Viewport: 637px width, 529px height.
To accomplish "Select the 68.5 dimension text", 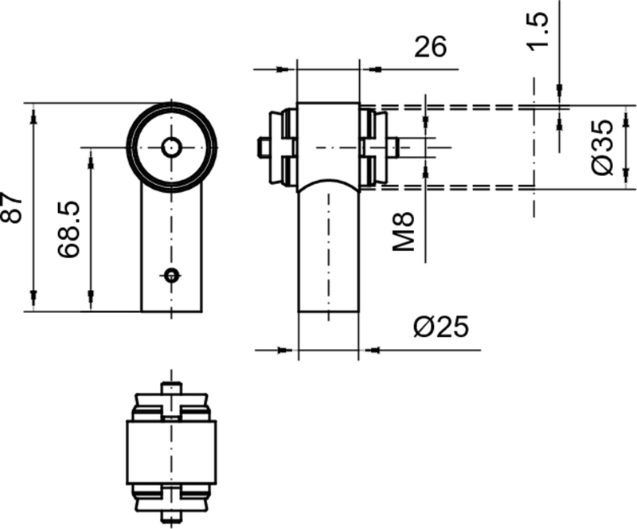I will point(69,229).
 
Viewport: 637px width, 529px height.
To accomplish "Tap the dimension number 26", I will point(431,47).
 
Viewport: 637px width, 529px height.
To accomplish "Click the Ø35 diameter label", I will point(604,147).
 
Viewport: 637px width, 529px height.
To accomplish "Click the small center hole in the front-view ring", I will point(171,147).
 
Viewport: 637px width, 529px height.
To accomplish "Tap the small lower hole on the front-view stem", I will point(171,275).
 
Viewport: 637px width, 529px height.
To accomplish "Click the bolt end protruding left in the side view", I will point(262,147).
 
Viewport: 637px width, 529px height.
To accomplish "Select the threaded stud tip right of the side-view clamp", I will point(395,147).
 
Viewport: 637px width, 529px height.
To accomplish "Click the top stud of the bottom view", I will point(171,388).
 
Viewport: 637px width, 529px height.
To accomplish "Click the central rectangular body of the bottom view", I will point(171,452).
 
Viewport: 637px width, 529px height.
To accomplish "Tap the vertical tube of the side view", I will point(328,255).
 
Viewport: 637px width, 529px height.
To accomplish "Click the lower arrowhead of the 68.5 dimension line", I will point(91,302).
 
